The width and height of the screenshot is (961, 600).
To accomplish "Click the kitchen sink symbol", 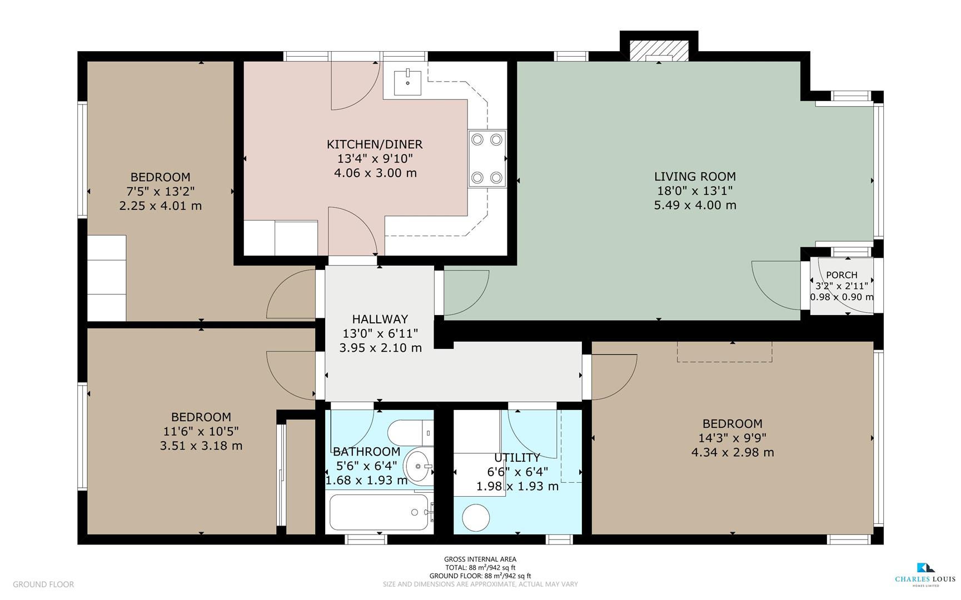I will pos(407,83).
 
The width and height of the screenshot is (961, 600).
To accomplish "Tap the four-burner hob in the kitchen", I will pos(487,159).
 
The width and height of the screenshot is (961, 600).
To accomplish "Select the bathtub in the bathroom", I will pos(380,512).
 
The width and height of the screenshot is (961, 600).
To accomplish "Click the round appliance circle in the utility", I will pos(476,517).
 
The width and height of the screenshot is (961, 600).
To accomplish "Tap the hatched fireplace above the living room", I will pos(659,52).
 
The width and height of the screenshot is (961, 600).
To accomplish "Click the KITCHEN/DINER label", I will pos(375,144).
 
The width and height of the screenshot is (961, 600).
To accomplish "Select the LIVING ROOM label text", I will pos(695,177).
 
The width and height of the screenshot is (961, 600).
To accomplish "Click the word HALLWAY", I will pos(380,319).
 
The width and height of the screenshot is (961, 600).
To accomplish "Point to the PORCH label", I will pos(842,275).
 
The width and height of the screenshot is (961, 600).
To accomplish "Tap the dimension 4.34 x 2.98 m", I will pos(732,452).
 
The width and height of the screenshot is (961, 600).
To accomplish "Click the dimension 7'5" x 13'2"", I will pos(160,192).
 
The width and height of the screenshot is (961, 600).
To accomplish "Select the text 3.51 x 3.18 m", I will pos(201,446).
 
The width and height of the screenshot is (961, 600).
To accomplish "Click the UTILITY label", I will pos(517,458).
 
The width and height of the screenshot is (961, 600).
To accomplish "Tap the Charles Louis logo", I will pos(924,574).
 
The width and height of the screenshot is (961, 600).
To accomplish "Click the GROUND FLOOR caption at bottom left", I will pos(43,584).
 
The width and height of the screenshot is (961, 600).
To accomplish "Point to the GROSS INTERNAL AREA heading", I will pos(480,559).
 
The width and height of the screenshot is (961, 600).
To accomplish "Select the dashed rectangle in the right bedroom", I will pos(724,352).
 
